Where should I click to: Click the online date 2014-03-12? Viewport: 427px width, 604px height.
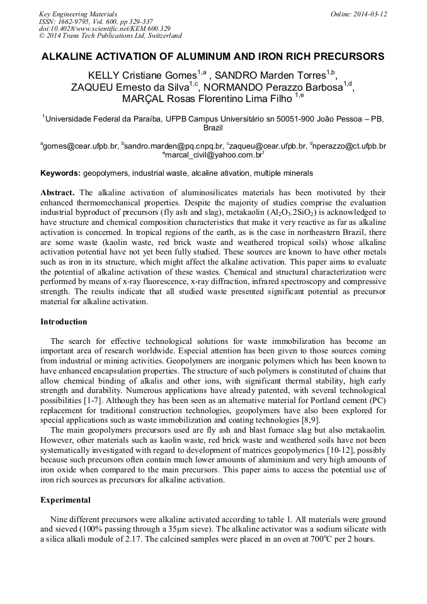pos(368,14)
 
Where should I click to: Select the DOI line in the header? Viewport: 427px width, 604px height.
pos(104,29)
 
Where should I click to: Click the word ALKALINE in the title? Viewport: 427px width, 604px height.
pos(69,57)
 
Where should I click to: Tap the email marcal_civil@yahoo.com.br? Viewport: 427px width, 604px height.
pos(214,154)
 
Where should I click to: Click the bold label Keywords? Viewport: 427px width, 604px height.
pos(60,173)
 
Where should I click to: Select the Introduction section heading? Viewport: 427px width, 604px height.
pos(64,322)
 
